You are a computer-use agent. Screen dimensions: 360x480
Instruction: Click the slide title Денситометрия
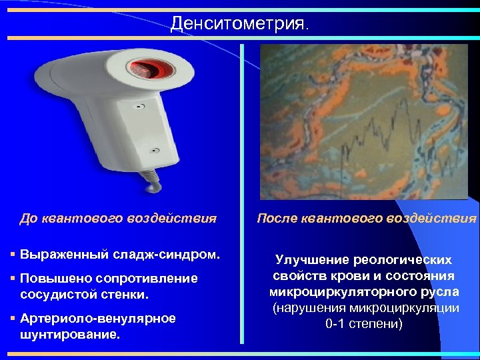coord(239,25)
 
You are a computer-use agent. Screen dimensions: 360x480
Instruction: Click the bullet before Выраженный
coord(13,255)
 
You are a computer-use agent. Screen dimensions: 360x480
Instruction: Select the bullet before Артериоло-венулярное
coord(13,319)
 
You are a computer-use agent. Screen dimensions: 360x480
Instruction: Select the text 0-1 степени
coord(364,324)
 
